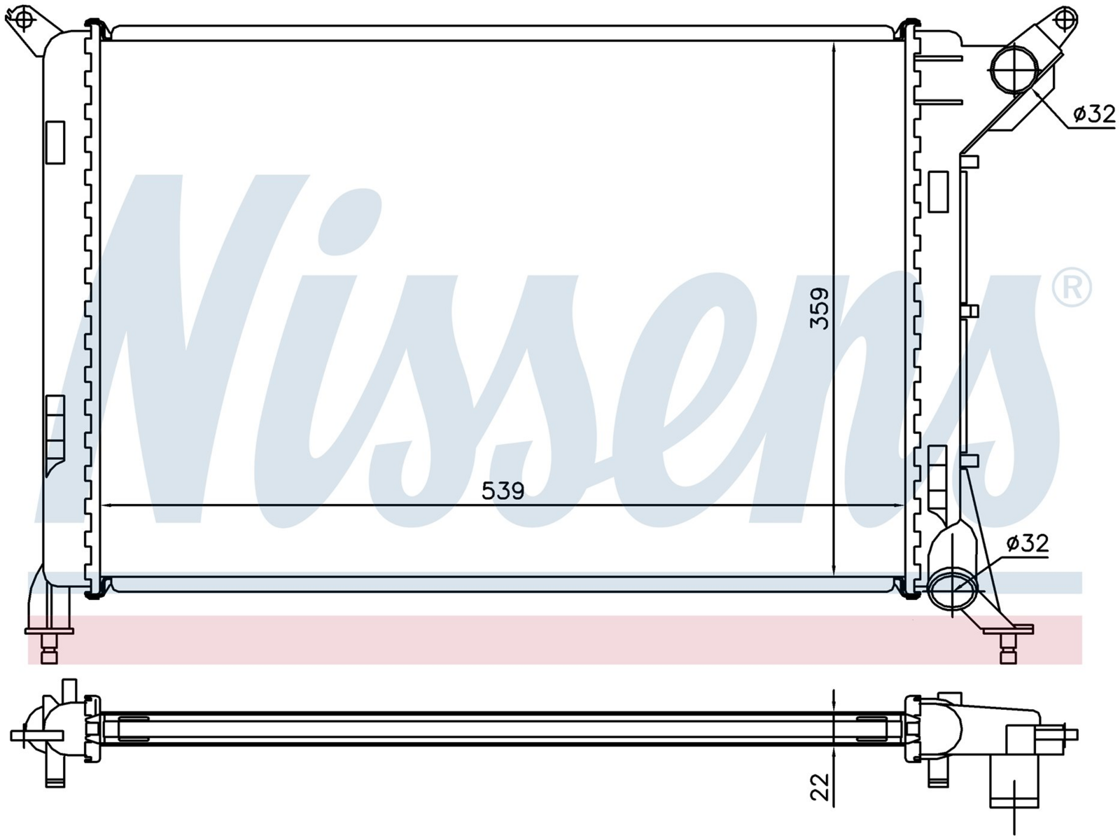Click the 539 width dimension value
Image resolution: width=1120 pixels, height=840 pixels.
[x=503, y=491]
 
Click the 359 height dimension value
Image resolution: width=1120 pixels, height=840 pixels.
[x=820, y=309]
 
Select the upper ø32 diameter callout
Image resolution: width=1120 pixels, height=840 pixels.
[x=1094, y=114]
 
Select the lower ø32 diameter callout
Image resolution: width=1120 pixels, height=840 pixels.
[x=1028, y=543]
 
